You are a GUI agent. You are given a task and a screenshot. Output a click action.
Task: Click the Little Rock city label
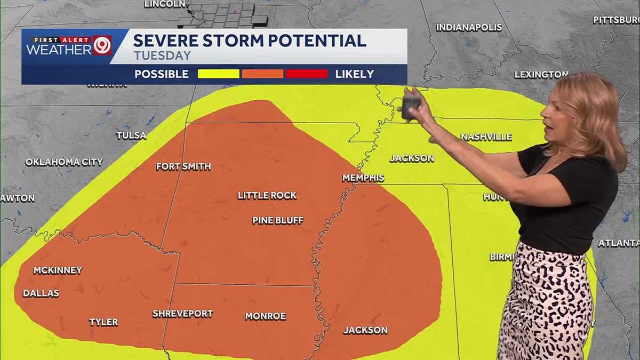pos(267,196)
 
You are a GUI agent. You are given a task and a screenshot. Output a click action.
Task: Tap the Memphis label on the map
pos(363,178)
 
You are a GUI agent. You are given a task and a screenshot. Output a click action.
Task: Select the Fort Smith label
pos(183,167)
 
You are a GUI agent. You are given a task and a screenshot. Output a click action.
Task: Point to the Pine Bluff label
pos(277,220)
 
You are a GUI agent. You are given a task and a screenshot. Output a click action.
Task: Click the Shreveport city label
pos(182,314)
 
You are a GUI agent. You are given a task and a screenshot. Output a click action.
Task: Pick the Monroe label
pos(265,316)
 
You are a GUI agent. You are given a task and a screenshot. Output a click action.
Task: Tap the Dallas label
pos(41,293)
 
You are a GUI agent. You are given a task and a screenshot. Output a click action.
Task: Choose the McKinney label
pos(58,270)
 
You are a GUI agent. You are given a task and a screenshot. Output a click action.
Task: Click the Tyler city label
pos(103,322)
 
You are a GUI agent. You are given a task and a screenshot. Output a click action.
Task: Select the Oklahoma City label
pos(64,162)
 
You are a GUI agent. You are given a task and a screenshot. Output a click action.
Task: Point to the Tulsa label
pos(131,135)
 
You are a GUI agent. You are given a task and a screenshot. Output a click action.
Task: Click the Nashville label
pos(486,137)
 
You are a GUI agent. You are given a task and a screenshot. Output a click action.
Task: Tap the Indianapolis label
pos(469,28)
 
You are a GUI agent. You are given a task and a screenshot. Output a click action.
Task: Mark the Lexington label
pos(541,75)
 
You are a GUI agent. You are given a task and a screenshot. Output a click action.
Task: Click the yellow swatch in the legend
pos(218,74)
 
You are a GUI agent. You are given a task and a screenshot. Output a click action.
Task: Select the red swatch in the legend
pos(306,74)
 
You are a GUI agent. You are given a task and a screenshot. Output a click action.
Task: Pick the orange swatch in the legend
pos(262,74)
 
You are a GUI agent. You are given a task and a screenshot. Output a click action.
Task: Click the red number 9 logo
pos(102,45)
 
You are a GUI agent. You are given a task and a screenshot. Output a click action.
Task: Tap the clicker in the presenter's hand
pos(411,105)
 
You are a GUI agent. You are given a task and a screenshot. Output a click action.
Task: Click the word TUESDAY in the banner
pos(162,55)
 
